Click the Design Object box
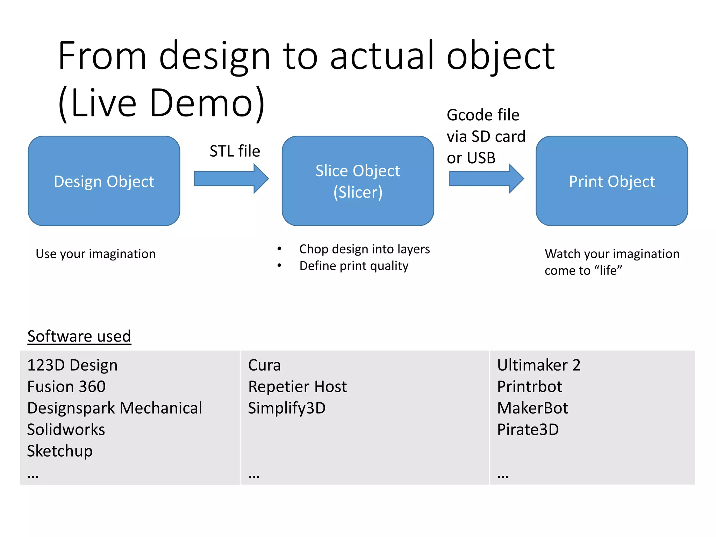coord(104,181)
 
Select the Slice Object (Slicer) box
coord(358,181)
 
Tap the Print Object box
coord(611,181)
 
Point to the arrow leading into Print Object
coord(486,179)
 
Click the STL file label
coord(235,151)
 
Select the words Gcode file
coord(483,115)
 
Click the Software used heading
coord(79,336)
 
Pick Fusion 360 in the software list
coord(66,387)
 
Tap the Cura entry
coord(264,365)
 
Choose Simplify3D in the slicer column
coord(287,408)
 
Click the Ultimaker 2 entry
coord(538,365)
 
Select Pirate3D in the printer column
coord(528,430)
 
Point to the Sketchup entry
coord(60,451)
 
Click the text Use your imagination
coord(95,254)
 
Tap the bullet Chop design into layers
coord(364,249)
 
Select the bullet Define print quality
coord(354,266)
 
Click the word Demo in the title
coord(201,103)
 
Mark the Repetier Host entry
coord(297,387)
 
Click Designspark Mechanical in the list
coord(115,408)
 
